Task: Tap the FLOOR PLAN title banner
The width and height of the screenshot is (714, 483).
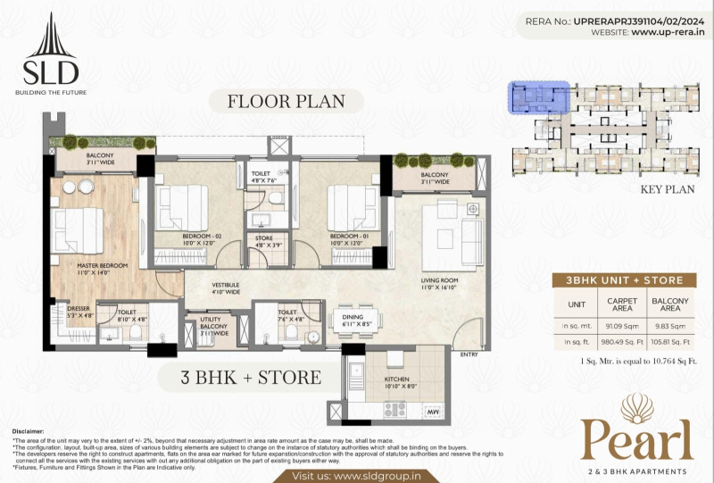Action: click(x=286, y=100)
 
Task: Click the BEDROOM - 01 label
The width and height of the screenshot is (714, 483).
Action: click(x=348, y=237)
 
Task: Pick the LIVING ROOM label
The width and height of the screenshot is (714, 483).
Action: click(x=441, y=284)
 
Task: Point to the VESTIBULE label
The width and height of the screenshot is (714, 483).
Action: click(x=228, y=287)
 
